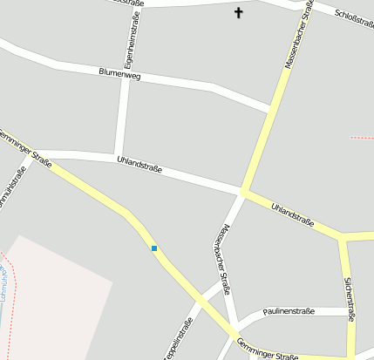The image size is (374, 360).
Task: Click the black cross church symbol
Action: click(239, 12)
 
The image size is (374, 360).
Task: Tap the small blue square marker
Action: click(154, 248)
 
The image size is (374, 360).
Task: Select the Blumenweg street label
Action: click(119, 75)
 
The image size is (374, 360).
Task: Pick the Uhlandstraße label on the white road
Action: click(139, 162)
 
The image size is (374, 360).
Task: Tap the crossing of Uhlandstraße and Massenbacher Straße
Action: click(243, 193)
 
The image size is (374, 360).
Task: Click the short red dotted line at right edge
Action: click(361, 138)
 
